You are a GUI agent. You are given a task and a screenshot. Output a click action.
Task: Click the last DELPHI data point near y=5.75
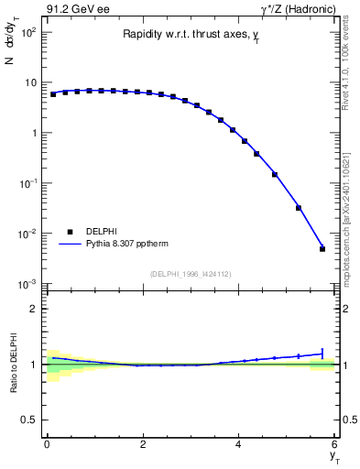(x=322, y=248)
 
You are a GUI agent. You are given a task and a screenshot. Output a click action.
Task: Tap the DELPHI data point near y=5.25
(x=299, y=208)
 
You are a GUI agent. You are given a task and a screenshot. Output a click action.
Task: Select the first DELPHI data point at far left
(x=53, y=94)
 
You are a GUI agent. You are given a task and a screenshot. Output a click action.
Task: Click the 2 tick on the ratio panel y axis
(x=33, y=309)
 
